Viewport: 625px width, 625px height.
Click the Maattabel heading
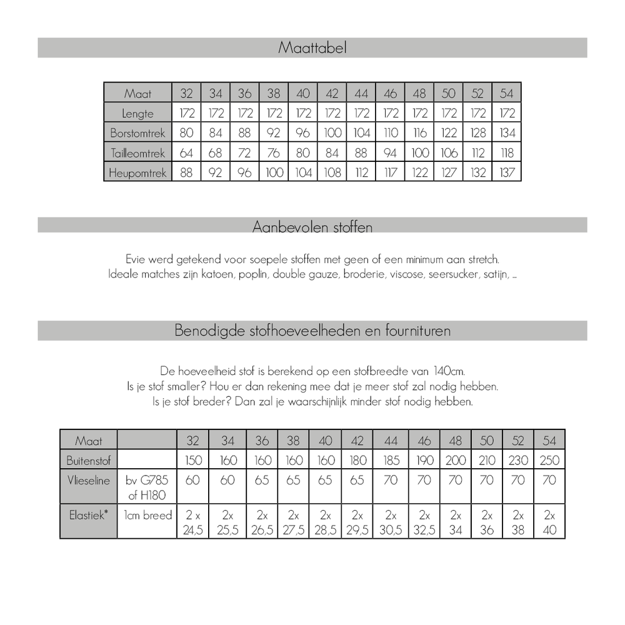click(312, 48)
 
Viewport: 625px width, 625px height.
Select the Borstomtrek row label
click(137, 133)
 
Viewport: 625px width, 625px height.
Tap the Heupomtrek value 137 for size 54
click(507, 172)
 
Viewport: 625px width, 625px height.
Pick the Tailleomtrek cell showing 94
click(391, 153)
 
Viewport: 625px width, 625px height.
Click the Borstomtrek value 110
click(391, 133)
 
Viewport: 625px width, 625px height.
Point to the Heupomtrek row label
click(137, 172)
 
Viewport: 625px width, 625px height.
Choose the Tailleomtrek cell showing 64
click(186, 153)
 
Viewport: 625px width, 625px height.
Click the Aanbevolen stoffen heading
click(312, 226)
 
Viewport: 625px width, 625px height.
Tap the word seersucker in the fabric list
click(453, 275)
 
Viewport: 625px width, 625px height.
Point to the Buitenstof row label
click(88, 461)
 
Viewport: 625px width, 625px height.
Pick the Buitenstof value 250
click(549, 461)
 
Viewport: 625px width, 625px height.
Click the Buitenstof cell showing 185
click(391, 461)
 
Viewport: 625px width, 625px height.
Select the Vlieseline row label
click(88, 481)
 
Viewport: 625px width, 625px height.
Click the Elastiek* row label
click(88, 516)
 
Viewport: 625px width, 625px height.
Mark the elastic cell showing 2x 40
click(549, 522)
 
